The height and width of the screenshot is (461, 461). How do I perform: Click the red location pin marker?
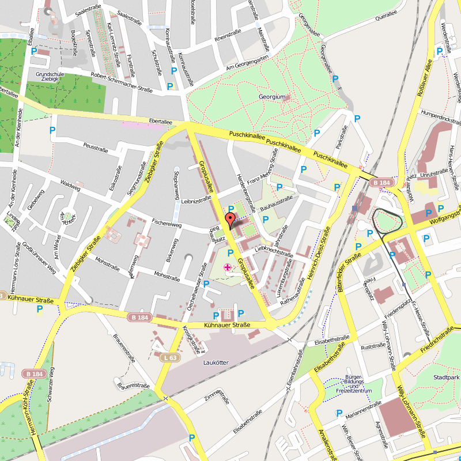click(x=229, y=220)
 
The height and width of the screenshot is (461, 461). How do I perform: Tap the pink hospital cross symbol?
click(x=228, y=267)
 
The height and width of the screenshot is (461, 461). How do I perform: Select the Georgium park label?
click(x=272, y=97)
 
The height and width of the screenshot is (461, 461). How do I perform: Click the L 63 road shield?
click(x=170, y=358)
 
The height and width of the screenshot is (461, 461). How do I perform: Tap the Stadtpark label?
click(x=446, y=377)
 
